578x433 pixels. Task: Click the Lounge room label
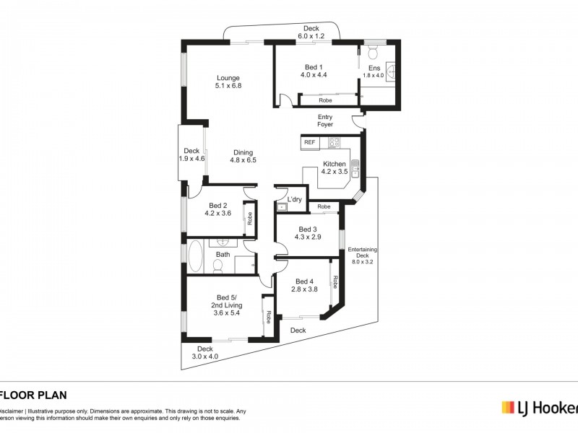point(228,82)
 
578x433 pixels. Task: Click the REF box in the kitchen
point(310,143)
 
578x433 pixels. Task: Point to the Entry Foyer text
point(325,121)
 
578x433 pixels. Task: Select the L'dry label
point(294,199)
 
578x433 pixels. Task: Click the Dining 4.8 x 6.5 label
point(243,156)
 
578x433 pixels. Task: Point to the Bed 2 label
point(217,209)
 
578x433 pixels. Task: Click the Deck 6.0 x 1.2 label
point(311,32)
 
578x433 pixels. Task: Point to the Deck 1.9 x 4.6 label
point(191,154)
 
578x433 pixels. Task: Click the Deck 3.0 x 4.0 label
point(205,352)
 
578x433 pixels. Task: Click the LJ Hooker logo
point(539,408)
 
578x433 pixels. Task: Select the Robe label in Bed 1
point(326,100)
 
